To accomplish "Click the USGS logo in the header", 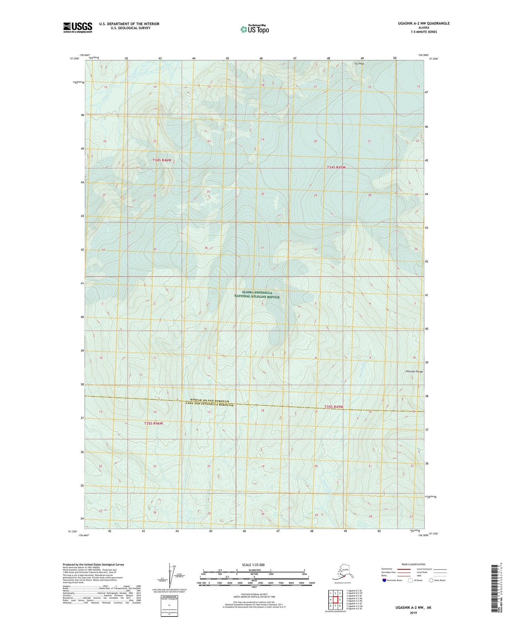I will [77, 27].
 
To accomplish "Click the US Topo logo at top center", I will [254, 29].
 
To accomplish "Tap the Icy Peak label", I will [359, 64].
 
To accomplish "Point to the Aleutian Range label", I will [414, 371].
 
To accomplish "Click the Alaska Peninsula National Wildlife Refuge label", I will [257, 295].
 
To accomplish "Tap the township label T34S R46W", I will [162, 161].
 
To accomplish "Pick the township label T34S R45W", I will [336, 167].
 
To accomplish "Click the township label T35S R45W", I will [334, 407].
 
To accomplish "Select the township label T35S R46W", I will [153, 423].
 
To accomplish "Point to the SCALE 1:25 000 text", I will [253, 565].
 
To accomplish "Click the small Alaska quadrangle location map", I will [342, 573].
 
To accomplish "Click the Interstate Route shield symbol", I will [384, 581].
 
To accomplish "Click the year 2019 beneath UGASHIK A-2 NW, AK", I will [413, 613].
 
